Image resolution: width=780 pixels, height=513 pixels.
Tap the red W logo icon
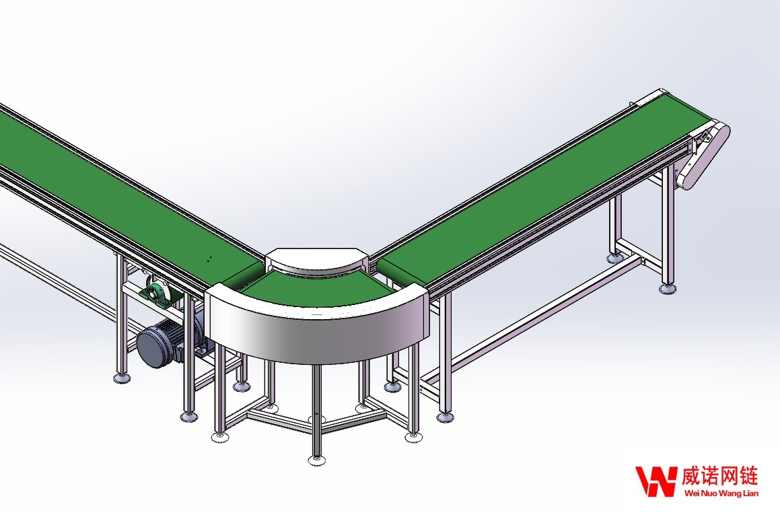656,481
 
